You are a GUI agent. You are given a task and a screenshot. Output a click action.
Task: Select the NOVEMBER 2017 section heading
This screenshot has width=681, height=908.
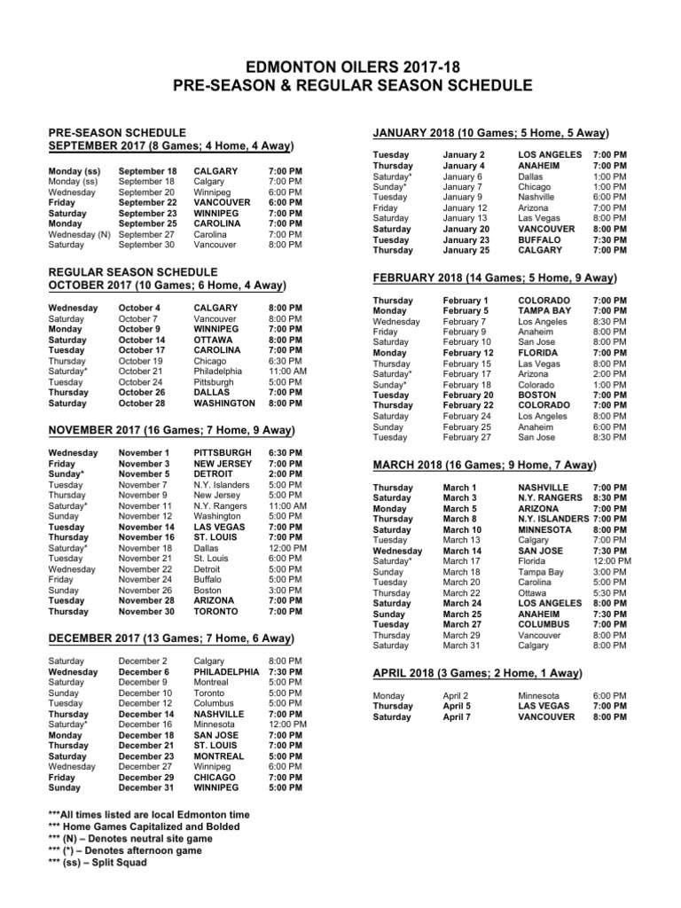[170, 430]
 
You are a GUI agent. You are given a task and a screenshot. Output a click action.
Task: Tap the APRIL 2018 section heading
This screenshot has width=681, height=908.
[477, 673]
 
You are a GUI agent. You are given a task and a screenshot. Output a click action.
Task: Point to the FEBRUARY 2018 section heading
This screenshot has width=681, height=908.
[493, 278]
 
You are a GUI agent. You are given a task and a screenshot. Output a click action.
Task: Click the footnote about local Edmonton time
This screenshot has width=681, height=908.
[149, 814]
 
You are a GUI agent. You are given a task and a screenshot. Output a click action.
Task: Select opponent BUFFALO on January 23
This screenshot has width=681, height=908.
[539, 239]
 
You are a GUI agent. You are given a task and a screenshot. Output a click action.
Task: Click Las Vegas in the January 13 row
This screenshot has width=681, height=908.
[541, 218]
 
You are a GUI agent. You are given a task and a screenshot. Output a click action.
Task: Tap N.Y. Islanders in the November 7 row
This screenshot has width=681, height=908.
[223, 485]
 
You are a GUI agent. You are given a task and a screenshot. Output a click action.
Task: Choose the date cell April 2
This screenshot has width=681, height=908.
[455, 696]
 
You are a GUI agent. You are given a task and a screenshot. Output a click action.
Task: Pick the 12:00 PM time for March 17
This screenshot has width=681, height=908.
[611, 561]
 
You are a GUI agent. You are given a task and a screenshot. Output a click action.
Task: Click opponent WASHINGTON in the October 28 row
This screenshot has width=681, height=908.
[224, 403]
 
